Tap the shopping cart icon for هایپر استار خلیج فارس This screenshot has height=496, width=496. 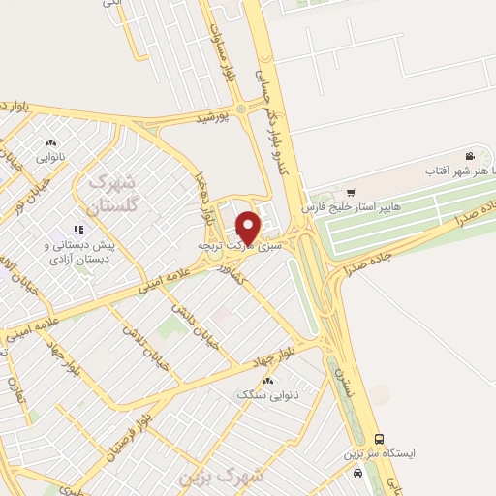[x=351, y=192]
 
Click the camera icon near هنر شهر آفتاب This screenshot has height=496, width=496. [x=470, y=157]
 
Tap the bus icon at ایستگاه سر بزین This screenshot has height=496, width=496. [x=379, y=438]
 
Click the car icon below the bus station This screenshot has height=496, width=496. [x=358, y=473]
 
